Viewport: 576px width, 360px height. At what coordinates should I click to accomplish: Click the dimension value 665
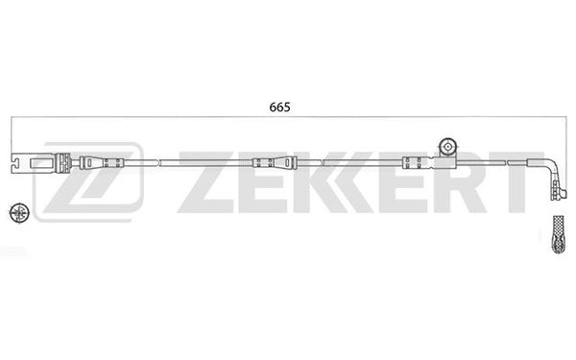279,108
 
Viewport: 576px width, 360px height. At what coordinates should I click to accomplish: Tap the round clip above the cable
448,147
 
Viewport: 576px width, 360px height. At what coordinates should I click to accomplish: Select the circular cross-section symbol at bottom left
19,213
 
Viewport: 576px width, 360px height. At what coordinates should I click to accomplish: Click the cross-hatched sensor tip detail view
559,234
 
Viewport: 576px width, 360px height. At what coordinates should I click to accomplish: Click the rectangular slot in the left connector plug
42,162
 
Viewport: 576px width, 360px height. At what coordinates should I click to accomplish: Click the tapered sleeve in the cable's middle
275,163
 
